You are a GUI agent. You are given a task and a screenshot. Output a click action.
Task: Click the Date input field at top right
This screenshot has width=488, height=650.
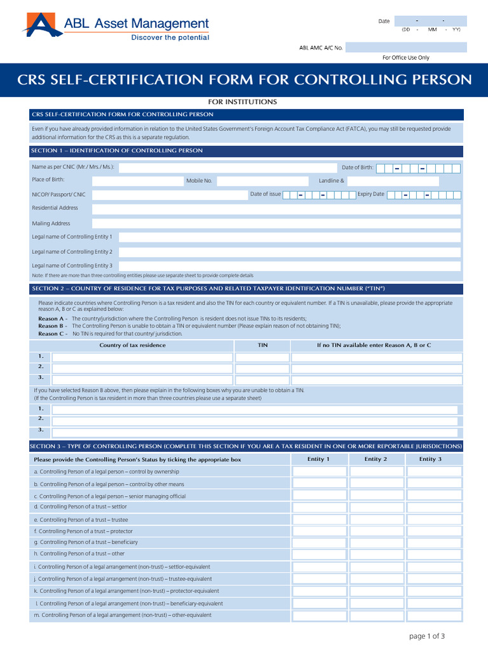(430, 21)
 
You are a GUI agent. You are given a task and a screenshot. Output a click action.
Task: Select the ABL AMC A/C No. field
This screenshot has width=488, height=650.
(406, 48)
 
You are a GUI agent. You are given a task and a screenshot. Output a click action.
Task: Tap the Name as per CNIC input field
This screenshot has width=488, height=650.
(225, 168)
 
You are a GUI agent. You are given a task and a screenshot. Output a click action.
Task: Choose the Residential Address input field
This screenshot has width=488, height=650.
(276, 208)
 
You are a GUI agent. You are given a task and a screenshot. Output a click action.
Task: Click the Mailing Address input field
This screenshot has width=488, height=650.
(276, 223)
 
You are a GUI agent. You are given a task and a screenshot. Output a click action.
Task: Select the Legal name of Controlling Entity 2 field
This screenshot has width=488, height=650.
(289, 251)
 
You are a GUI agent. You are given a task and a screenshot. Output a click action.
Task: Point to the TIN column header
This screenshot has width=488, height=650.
(262, 345)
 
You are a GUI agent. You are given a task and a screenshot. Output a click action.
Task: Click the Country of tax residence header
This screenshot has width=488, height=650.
(132, 345)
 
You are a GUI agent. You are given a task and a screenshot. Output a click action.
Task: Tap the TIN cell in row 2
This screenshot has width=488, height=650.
(262, 368)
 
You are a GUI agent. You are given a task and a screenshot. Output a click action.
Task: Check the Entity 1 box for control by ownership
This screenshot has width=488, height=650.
(319, 472)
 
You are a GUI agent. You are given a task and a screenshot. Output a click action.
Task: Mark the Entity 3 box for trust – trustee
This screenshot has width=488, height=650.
(434, 519)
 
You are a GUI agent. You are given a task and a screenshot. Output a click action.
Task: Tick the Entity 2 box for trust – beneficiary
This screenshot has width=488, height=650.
(376, 543)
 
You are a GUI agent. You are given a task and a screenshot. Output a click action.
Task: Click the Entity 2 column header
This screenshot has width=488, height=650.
(376, 459)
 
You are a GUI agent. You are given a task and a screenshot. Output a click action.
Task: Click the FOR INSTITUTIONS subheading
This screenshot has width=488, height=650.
(243, 102)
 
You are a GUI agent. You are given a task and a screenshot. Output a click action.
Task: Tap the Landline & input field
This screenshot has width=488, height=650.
(403, 181)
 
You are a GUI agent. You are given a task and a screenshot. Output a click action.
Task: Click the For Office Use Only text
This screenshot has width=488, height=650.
(405, 58)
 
